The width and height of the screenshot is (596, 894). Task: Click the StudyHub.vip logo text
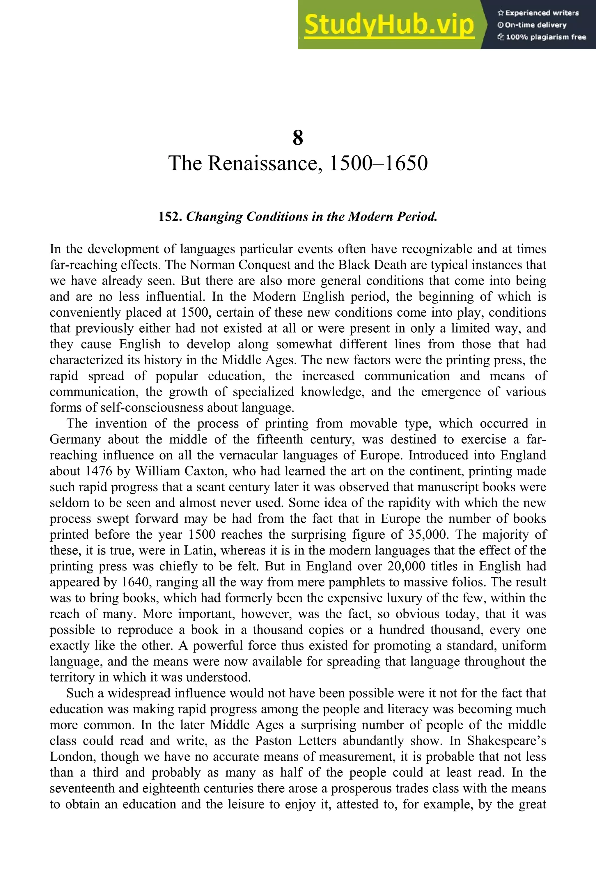click(389, 25)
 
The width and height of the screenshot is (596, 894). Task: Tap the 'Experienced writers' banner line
click(538, 13)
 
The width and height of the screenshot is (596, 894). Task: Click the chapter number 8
click(298, 138)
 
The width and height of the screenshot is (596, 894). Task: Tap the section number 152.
click(171, 217)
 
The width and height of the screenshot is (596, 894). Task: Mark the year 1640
click(136, 582)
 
